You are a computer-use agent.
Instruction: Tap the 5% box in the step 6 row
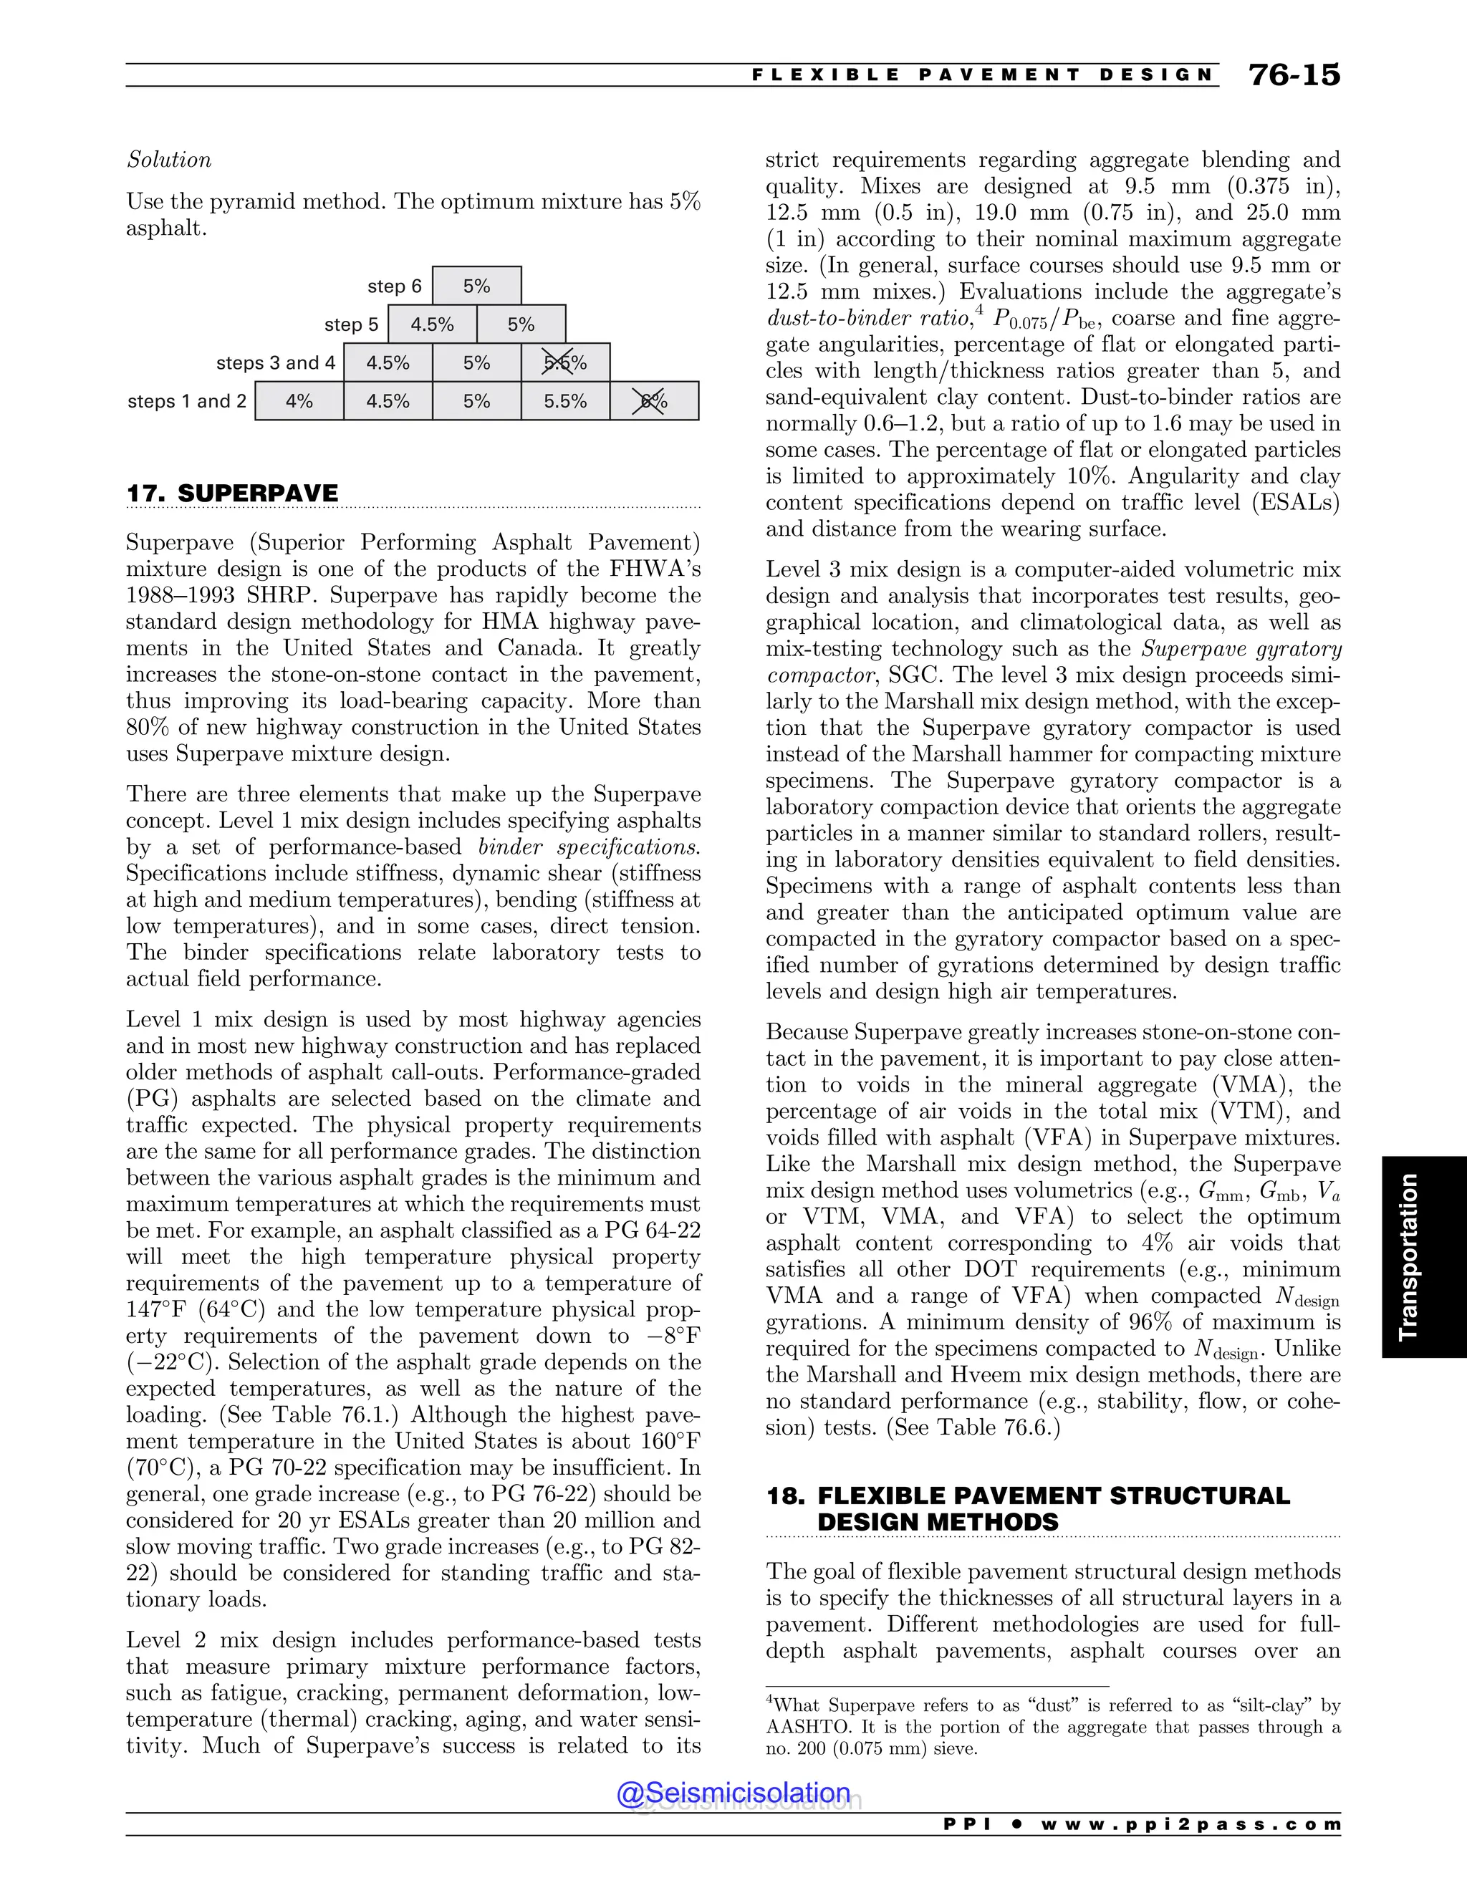pos(476,286)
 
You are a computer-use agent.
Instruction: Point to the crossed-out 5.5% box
pos(565,362)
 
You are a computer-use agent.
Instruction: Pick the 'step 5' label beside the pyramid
pos(351,324)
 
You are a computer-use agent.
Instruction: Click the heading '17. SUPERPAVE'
pos(232,493)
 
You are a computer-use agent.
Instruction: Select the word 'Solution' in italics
pos(168,160)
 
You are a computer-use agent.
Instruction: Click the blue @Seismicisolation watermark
pos(733,1793)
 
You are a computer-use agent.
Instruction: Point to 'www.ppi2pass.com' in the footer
pos(1191,1824)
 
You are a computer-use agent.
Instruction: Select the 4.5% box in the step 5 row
pos(432,324)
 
